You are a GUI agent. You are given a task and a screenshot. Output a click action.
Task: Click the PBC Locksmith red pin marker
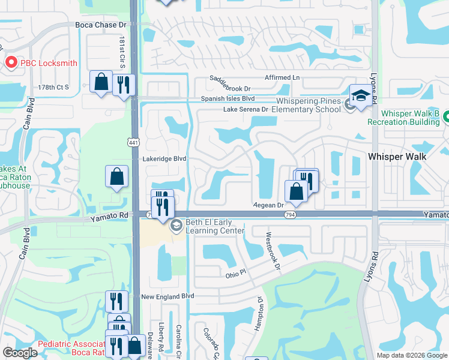(11, 62)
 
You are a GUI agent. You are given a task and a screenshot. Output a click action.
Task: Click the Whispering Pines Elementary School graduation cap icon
(361, 95)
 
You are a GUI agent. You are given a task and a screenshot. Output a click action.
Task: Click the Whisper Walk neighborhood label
(397, 156)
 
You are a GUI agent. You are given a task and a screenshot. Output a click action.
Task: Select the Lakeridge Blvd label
(165, 158)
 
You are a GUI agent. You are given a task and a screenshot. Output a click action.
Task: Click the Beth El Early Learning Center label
(215, 226)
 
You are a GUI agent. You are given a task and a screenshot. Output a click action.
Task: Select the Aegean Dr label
(268, 205)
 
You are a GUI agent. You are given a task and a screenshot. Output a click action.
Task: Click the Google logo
(20, 353)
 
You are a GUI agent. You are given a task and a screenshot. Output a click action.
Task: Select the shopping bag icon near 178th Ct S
(101, 82)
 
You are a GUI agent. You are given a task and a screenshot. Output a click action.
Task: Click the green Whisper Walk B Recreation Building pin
(445, 119)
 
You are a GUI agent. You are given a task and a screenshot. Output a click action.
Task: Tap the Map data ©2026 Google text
(411, 355)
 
